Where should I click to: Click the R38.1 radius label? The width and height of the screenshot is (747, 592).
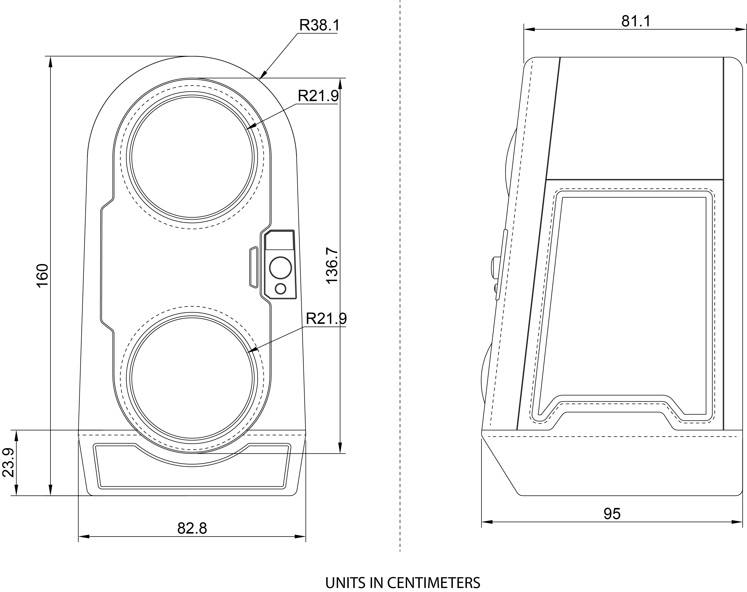pyautogui.click(x=319, y=25)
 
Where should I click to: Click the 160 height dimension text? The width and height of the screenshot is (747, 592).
pyautogui.click(x=43, y=275)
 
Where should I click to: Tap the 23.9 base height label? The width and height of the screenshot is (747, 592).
pyautogui.click(x=8, y=463)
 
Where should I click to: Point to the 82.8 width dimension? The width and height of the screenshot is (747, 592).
pyautogui.click(x=192, y=528)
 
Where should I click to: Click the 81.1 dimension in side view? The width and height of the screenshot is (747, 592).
pyautogui.click(x=636, y=22)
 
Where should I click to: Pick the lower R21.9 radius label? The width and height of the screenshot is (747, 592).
pyautogui.click(x=326, y=319)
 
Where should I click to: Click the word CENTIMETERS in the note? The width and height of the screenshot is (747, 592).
pyautogui.click(x=433, y=583)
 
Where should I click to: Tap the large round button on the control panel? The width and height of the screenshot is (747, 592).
pyautogui.click(x=280, y=267)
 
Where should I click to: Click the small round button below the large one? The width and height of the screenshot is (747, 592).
pyautogui.click(x=280, y=288)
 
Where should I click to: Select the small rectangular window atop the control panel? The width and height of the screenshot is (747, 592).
pyautogui.click(x=279, y=240)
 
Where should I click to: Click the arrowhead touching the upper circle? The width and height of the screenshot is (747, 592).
pyautogui.click(x=250, y=127)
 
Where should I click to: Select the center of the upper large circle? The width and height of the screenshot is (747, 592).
pyautogui.click(x=192, y=157)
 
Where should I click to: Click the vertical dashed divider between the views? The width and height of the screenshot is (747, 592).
pyautogui.click(x=400, y=277)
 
